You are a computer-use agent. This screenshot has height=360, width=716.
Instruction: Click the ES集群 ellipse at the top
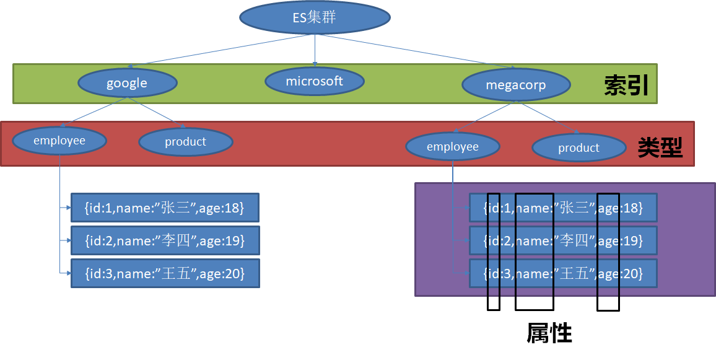coord(315,17)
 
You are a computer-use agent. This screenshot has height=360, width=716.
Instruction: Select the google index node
coord(128,83)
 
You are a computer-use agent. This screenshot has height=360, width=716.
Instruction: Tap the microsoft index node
coord(315,81)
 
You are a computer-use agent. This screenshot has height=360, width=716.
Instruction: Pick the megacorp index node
coord(516,85)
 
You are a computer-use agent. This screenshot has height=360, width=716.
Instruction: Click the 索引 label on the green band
coord(627,86)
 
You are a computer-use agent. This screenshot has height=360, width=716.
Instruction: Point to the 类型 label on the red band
coord(660,147)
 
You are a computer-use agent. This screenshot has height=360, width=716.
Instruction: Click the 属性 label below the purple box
coord(549,333)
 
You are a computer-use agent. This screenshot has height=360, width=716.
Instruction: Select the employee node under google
coord(59,140)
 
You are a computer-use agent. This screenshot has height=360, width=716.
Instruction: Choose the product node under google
coord(186,142)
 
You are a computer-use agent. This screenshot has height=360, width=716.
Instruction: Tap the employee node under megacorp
coord(453,147)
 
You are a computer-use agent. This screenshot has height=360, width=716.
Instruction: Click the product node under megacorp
coord(579,147)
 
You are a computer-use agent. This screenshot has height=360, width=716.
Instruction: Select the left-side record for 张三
coord(165,208)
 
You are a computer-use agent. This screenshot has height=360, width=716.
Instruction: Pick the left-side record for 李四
coord(165,240)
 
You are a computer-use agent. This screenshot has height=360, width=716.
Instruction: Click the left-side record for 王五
coord(165,273)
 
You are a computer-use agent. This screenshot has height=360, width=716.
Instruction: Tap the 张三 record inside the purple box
coord(563,208)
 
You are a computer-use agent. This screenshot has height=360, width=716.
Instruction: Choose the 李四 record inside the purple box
coord(563,240)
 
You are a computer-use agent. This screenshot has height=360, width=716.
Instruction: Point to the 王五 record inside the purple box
coord(563,273)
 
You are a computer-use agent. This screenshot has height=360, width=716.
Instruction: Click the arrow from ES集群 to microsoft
coord(315,50)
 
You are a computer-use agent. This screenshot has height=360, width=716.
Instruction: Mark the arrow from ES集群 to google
coord(219,51)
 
